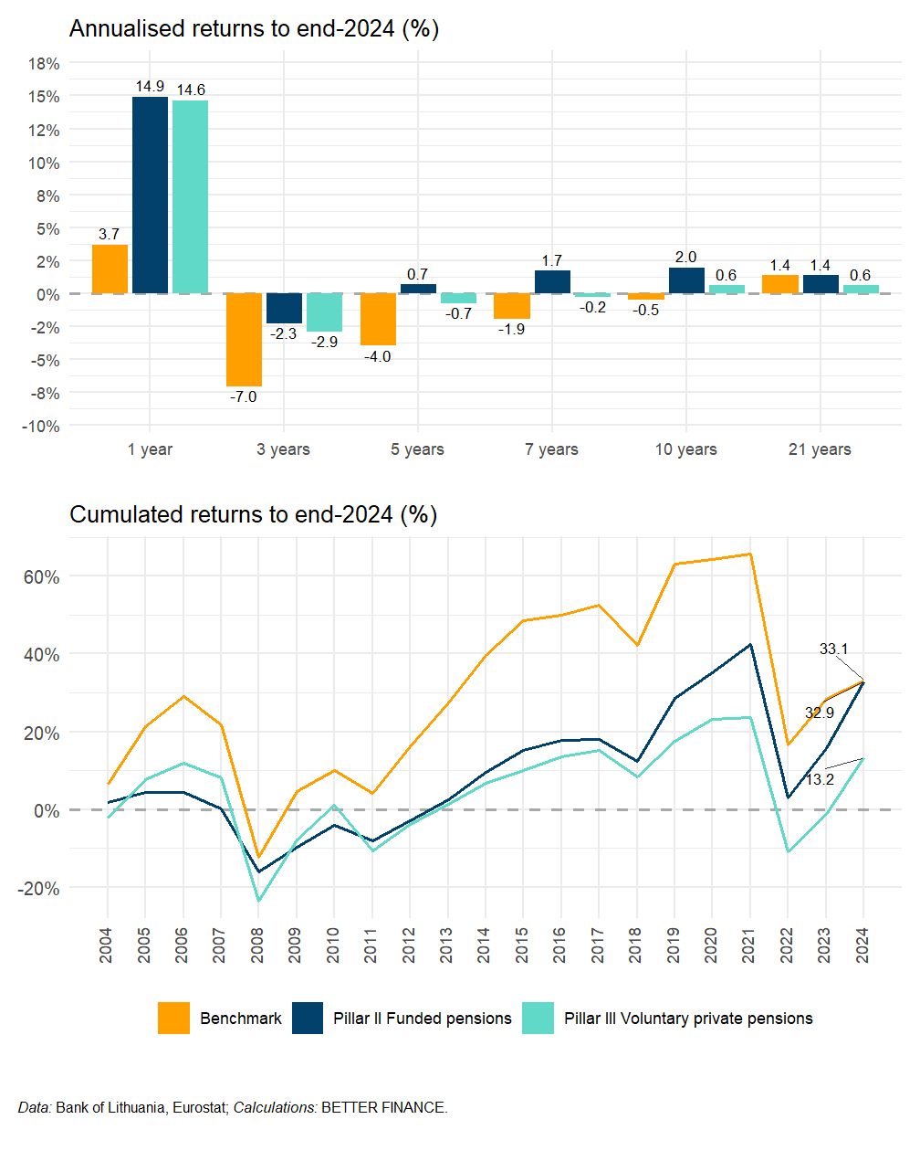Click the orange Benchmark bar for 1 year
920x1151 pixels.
[110, 269]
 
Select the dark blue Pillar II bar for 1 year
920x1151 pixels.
[150, 195]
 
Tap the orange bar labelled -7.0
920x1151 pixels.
[244, 340]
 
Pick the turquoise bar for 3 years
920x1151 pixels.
[324, 312]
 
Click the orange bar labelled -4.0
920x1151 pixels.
[378, 320]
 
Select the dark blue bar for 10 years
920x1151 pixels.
[686, 280]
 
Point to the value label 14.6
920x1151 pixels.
[191, 90]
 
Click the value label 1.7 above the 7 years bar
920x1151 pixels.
[552, 260]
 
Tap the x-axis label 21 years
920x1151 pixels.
[820, 449]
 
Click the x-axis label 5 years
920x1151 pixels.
[417, 449]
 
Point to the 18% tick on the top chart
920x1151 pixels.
[44, 64]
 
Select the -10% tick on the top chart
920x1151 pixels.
[41, 427]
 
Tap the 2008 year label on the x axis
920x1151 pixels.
[257, 945]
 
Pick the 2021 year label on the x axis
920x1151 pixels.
[749, 945]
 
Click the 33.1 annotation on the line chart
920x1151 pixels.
[833, 649]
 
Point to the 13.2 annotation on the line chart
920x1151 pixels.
[820, 779]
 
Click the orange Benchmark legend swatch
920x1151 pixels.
[173, 1019]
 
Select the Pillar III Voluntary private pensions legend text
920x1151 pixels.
[688, 1019]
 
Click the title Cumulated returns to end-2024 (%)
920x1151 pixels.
[254, 514]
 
